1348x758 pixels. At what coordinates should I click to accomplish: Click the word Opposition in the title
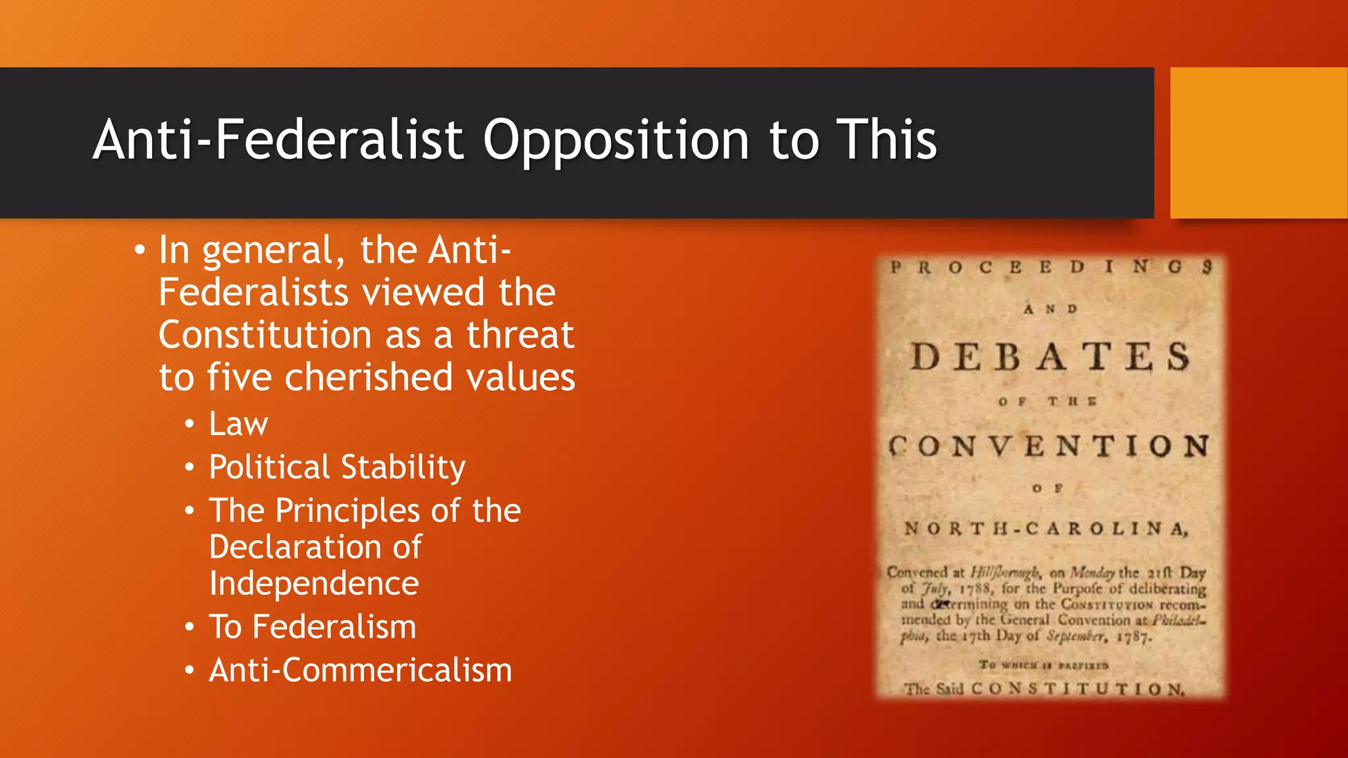coord(615,141)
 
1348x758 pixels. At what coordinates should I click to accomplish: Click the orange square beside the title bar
coord(1258,143)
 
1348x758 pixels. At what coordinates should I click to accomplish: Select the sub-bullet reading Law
coord(238,424)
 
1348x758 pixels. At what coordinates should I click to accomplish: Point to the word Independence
coord(314,584)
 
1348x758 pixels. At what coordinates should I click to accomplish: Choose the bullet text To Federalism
coord(312,626)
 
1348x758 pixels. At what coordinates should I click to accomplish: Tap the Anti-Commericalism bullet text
coord(360,670)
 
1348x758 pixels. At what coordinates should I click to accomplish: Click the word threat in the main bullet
coord(520,335)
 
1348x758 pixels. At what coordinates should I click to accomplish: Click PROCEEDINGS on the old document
coord(1050,267)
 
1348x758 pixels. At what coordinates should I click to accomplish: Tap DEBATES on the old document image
coord(1050,357)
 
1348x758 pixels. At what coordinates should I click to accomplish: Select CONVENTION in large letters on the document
coord(1049,447)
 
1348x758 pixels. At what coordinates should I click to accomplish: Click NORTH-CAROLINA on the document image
coord(1047,529)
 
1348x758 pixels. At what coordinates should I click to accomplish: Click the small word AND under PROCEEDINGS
coord(1050,309)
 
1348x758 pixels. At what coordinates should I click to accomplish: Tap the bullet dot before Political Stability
coord(190,468)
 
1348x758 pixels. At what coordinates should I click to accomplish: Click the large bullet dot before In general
coord(139,251)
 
